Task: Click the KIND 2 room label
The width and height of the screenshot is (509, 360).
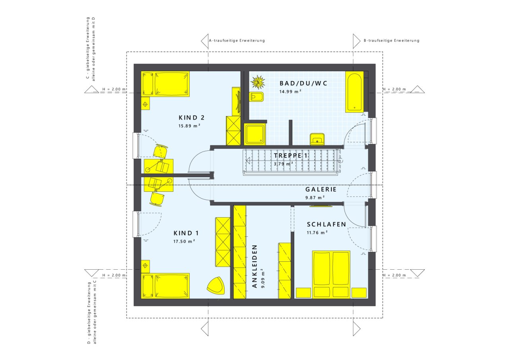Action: tap(192, 118)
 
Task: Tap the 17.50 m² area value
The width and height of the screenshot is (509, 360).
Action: tap(184, 241)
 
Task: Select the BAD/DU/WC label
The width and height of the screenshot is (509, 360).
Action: tap(303, 84)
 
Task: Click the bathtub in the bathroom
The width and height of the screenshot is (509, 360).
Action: tap(354, 92)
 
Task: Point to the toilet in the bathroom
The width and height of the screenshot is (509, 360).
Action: tap(256, 97)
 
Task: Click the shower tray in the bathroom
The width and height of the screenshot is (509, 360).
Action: tap(255, 134)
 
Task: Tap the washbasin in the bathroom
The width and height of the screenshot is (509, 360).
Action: tap(317, 139)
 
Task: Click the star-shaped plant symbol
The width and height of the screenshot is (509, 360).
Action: tap(258, 82)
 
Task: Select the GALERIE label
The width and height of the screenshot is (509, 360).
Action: tap(321, 189)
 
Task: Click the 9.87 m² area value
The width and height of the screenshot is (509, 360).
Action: tap(315, 197)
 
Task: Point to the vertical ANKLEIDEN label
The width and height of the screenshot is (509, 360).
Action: tap(254, 266)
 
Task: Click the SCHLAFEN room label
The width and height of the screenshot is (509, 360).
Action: tap(326, 224)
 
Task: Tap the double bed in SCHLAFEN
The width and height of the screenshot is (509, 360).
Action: tap(331, 274)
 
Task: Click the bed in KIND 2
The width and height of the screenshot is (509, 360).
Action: tap(165, 84)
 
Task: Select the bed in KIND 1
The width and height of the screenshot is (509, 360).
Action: tap(165, 286)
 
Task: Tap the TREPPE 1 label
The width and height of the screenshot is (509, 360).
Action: tap(291, 156)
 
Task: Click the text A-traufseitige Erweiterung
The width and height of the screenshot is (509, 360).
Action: tap(237, 41)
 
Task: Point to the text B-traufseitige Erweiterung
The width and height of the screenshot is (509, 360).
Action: tap(391, 41)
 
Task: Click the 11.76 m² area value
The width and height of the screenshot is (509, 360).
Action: tap(317, 233)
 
